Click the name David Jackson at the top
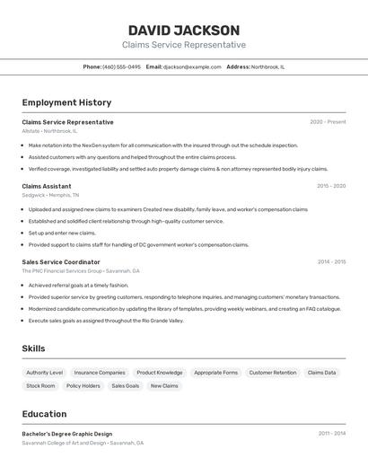tap(184, 31)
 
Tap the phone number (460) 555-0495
tap(121, 66)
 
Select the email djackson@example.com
tap(192, 66)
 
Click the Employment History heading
tap(66, 103)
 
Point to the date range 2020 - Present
tap(328, 122)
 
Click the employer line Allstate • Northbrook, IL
tap(49, 131)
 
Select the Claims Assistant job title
tap(47, 186)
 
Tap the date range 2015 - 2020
tap(331, 186)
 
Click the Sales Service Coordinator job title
tap(61, 262)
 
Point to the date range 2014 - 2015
tap(331, 262)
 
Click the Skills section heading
tap(34, 348)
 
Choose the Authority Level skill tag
tap(45, 373)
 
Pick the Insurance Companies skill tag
tap(100, 373)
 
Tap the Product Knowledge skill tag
tap(160, 373)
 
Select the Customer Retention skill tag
tap(273, 373)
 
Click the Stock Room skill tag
tap(40, 386)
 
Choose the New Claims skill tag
tap(164, 386)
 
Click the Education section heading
tap(44, 414)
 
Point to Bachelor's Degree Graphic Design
tap(67, 434)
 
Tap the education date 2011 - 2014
tap(331, 434)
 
